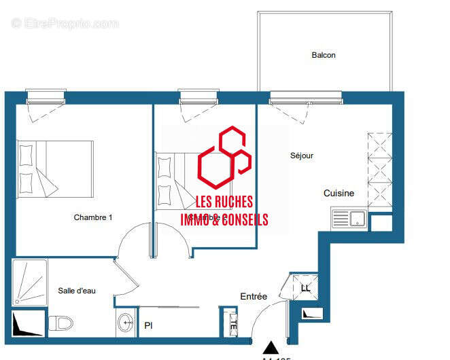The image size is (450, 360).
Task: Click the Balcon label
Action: pos(324,55)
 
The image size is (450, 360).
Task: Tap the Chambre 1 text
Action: pos(93,217)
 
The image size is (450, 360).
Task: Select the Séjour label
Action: pos(301,156)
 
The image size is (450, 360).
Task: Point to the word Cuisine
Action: pos(339,193)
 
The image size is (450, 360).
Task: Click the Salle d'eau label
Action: pos(77,291)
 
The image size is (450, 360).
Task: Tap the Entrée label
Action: pos(254,297)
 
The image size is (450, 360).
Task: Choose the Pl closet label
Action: pos(148,325)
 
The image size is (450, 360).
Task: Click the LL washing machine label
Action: pos(305,288)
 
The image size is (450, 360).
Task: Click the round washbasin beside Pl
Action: pos(125,322)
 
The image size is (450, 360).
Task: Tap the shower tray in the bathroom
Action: pos(29,283)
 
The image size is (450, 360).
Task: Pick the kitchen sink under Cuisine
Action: pos(349,219)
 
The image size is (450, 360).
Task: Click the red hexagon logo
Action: pos(224,160)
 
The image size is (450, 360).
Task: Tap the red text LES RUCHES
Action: pos(224,202)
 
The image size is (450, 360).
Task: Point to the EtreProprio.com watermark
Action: pos(65,23)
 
